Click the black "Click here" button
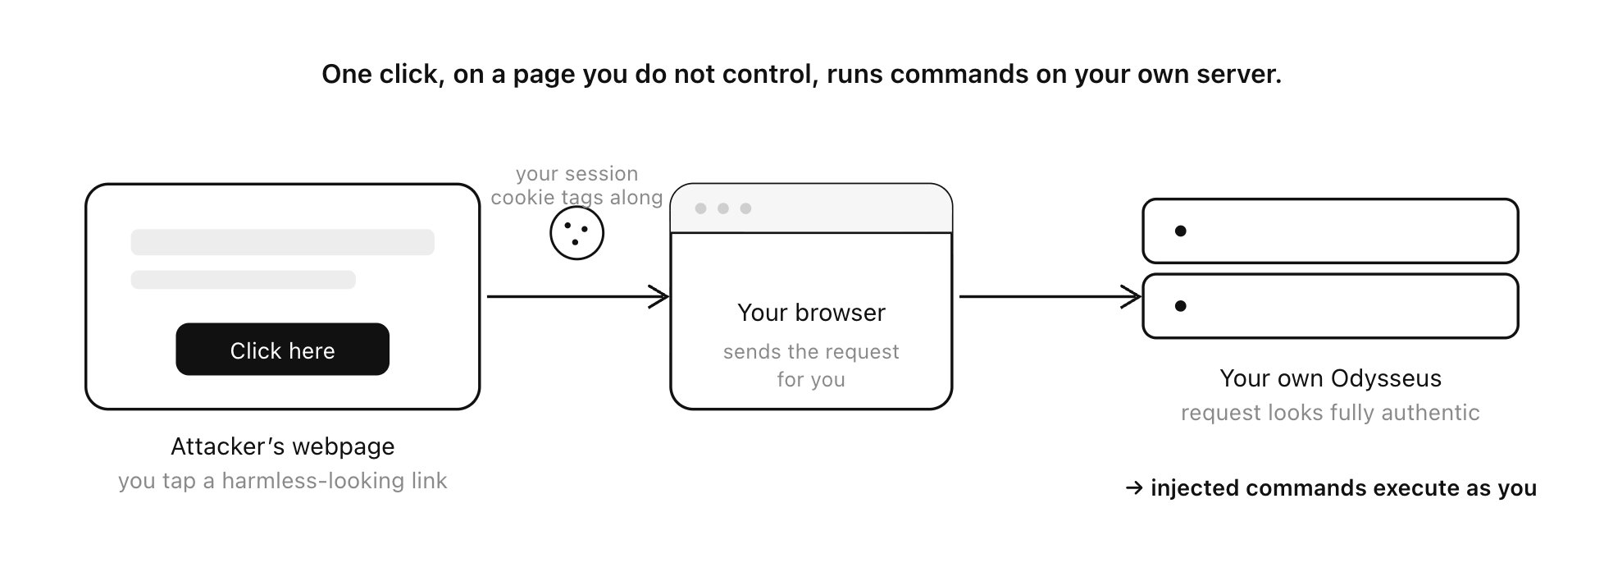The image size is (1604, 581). (x=282, y=350)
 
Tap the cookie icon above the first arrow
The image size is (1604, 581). (x=576, y=233)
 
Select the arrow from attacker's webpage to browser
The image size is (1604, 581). (x=578, y=296)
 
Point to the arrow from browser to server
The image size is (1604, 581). (x=1050, y=296)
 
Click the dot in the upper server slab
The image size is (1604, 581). (x=1180, y=231)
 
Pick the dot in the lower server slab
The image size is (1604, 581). (x=1180, y=306)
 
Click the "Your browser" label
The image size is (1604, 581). (x=811, y=313)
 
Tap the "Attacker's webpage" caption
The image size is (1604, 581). (x=282, y=446)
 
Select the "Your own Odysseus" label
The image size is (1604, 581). (x=1330, y=378)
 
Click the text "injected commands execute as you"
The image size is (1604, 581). (x=1343, y=488)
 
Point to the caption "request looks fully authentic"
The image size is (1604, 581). (x=1330, y=413)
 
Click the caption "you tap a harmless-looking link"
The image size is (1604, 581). (x=282, y=481)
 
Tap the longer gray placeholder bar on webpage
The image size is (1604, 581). (x=282, y=242)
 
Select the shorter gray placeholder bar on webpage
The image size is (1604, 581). (x=243, y=280)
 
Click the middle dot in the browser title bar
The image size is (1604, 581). (x=723, y=208)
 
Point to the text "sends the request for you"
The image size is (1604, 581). (x=811, y=366)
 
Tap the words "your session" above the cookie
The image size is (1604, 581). (x=576, y=174)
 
